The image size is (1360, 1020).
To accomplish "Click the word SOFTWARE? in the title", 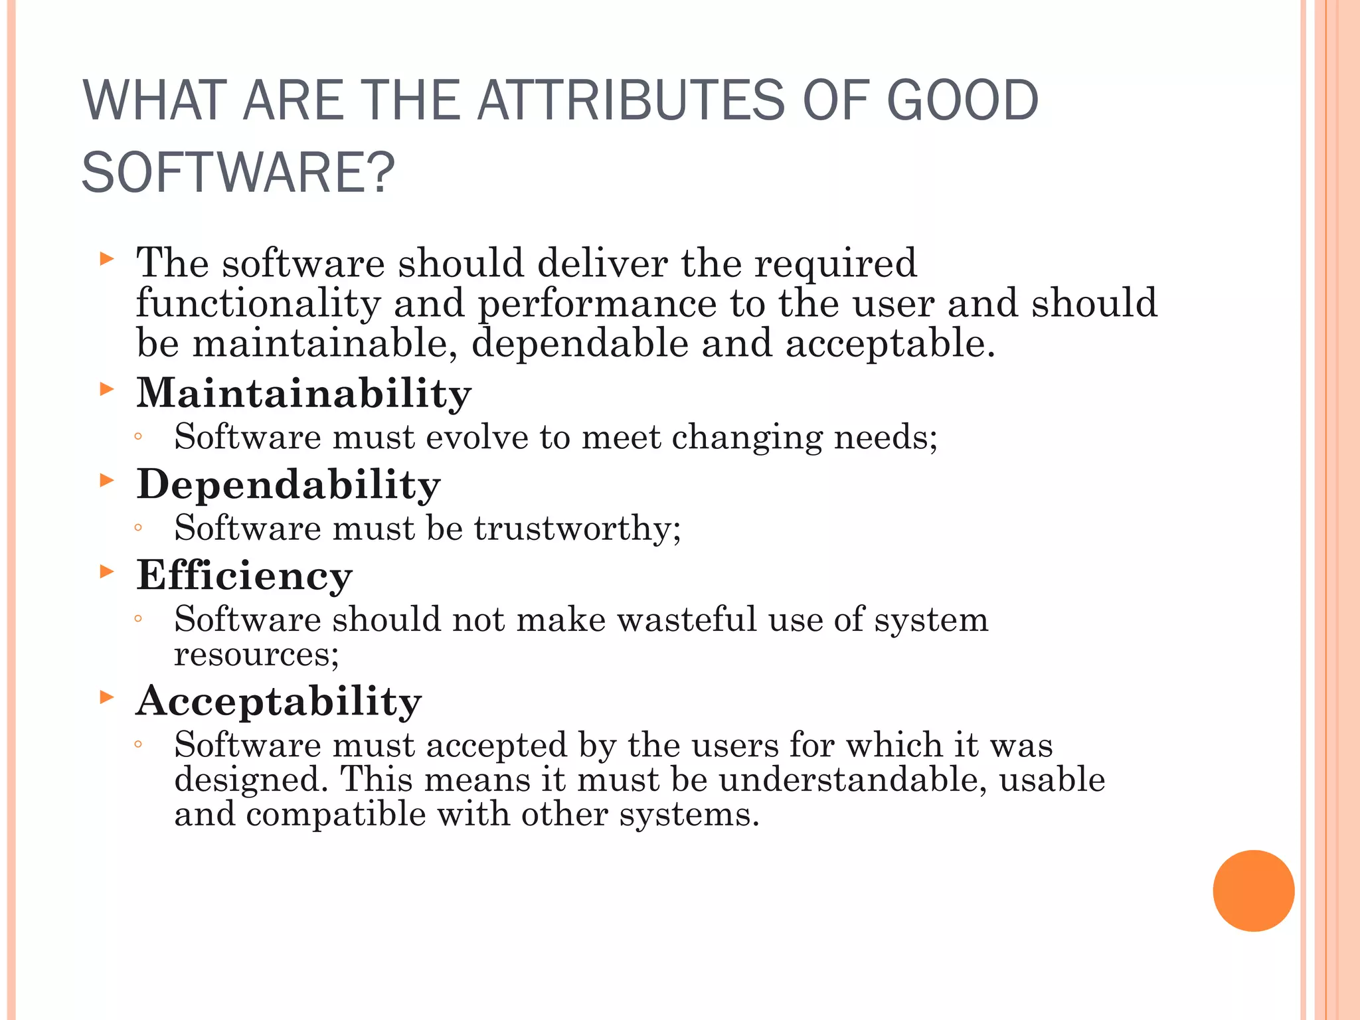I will tap(238, 173).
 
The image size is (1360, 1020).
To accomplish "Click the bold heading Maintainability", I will tap(303, 393).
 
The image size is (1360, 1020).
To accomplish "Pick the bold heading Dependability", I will tap(288, 484).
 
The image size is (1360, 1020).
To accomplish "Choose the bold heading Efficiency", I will tap(244, 575).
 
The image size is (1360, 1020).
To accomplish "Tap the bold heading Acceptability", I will tap(278, 701).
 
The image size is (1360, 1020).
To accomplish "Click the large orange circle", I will tap(1253, 891).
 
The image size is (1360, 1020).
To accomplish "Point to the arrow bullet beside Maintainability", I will tap(107, 389).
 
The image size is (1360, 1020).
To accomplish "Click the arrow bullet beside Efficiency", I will tap(107, 571).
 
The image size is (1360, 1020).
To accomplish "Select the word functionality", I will tap(258, 304).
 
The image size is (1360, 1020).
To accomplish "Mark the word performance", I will tap(597, 304).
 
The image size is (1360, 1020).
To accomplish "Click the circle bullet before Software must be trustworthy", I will tap(138, 529).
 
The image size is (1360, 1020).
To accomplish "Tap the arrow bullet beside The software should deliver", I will tap(107, 259).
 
